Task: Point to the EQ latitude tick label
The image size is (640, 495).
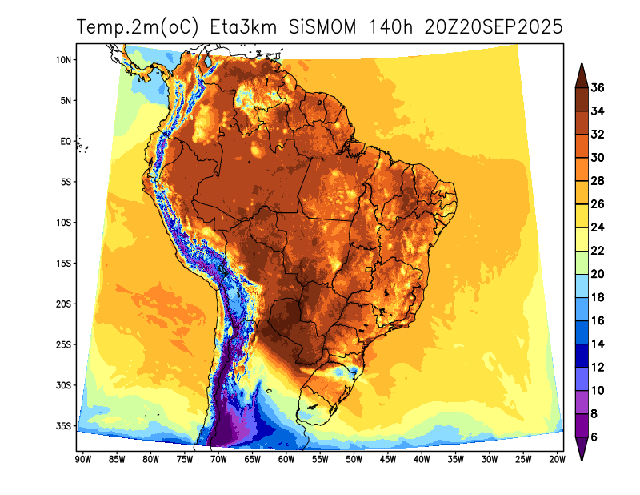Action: coord(66,141)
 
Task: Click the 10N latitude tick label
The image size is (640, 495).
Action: coord(65,60)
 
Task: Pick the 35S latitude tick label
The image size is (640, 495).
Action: coord(65,425)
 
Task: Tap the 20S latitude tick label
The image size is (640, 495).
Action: coord(65,304)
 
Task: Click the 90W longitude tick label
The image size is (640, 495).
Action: coord(82,459)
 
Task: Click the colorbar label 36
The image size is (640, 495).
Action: coord(598,87)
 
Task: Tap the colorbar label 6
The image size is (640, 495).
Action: coord(594,437)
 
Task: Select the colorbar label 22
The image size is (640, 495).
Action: coord(598,251)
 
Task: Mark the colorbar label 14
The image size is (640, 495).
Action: coord(598,344)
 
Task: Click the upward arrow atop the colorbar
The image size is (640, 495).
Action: coord(582,74)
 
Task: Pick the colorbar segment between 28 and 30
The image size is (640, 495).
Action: coord(582,169)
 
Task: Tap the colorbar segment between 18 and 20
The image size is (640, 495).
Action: coord(582,286)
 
